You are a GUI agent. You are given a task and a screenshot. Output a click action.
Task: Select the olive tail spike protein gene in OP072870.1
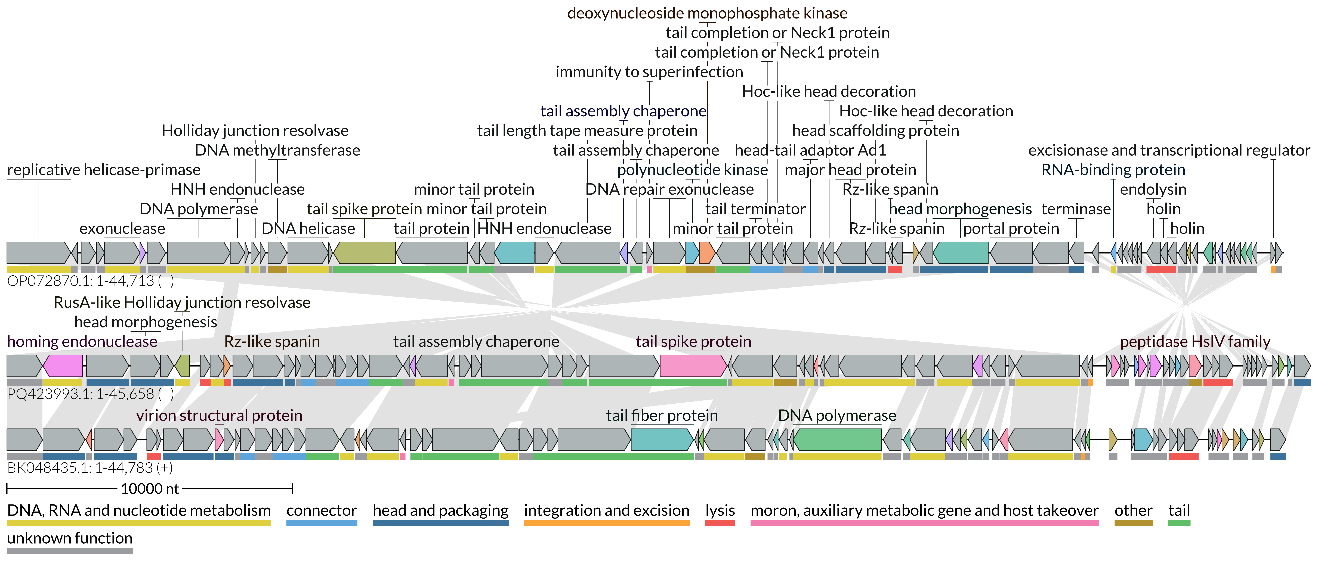[x=364, y=253]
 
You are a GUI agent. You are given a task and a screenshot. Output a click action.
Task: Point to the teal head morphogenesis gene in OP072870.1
[x=960, y=253]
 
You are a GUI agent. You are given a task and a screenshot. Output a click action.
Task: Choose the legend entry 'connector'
[x=321, y=510]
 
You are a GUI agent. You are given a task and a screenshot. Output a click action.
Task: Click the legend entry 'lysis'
[x=720, y=510]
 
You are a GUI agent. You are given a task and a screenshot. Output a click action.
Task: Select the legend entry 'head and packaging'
[x=440, y=510]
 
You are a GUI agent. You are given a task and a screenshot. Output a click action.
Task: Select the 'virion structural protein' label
[x=219, y=415]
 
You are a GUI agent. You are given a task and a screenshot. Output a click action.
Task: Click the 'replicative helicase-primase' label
[x=104, y=170]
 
